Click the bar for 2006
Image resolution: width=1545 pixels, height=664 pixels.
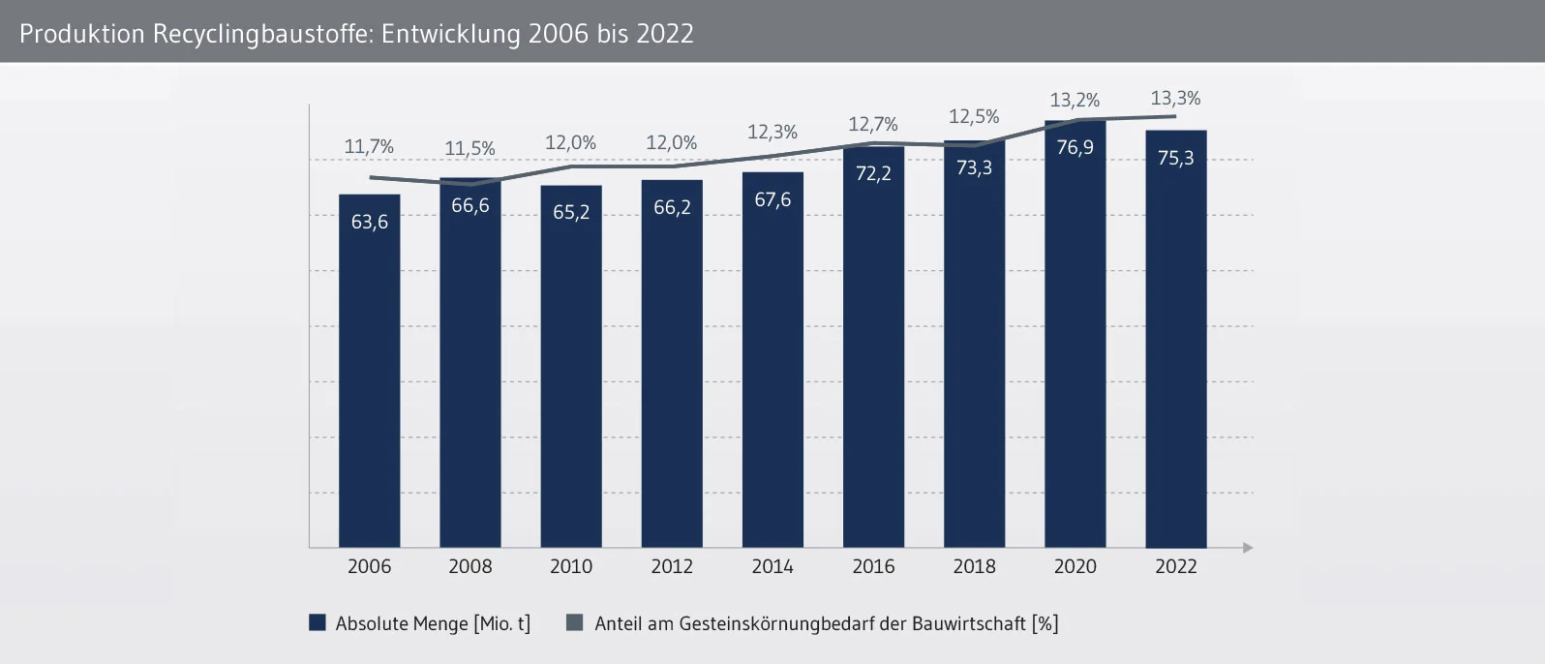point(369,387)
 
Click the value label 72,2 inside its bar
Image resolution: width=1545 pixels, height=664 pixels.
point(873,174)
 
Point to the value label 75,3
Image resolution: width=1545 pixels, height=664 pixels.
point(1175,158)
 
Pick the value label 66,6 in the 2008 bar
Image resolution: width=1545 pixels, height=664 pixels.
point(470,205)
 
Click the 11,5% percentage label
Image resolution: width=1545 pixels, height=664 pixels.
point(470,149)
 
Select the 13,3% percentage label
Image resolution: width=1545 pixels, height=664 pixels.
point(1175,99)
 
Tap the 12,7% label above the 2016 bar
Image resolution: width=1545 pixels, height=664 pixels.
point(873,125)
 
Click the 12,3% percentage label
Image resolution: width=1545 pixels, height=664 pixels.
point(772,133)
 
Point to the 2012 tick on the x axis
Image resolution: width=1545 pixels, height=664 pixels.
point(672,567)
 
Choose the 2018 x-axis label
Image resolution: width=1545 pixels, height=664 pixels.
point(974,567)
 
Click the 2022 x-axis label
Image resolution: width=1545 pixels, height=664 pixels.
point(1175,567)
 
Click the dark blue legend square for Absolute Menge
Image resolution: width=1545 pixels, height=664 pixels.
point(318,623)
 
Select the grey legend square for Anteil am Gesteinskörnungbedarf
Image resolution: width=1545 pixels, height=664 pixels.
point(575,623)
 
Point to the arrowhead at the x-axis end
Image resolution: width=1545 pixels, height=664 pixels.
point(1248,548)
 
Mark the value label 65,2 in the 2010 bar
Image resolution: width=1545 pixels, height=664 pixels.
point(571,212)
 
